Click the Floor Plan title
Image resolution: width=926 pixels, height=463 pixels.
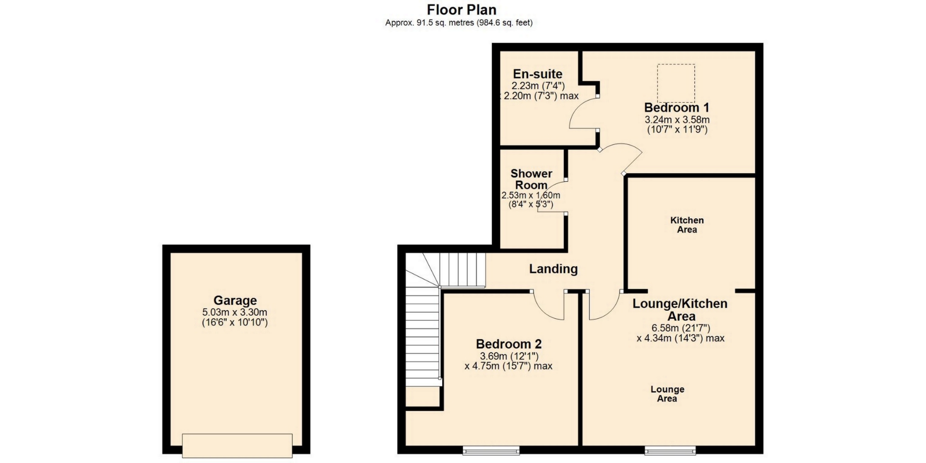point(462,10)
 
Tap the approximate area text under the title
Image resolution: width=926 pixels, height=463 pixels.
point(459,23)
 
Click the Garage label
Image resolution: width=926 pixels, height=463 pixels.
point(235,300)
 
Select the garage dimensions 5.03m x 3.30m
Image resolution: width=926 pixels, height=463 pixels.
point(235,312)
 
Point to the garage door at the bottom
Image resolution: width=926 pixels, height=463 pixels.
point(237,445)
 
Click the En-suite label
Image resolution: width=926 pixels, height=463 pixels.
point(538,74)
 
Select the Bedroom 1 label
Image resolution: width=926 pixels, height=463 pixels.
point(677,108)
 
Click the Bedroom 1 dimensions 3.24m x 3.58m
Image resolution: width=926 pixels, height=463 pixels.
point(677,120)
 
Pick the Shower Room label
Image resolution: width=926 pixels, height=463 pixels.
point(531,179)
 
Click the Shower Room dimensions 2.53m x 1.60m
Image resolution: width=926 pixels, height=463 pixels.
point(531,195)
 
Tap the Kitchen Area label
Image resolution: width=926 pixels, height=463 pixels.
point(687,225)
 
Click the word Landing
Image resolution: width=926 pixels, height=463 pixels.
point(553,269)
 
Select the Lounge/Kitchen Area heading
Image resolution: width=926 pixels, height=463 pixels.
point(680,310)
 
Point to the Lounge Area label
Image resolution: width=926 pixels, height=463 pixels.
point(667,394)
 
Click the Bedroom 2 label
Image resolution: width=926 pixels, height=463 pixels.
point(509,344)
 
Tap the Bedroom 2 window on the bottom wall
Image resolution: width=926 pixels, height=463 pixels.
point(491,451)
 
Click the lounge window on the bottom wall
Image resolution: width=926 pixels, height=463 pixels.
point(670,451)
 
